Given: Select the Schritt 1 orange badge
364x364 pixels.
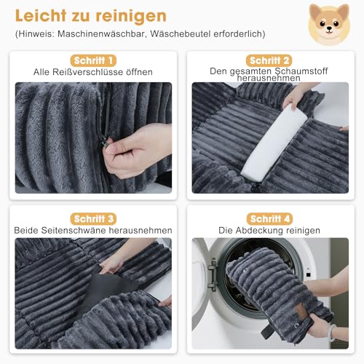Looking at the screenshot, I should pyautogui.click(x=92, y=60).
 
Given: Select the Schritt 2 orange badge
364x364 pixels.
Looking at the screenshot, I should pyautogui.click(x=269, y=60).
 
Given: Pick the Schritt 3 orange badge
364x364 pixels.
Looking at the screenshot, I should pyautogui.click(x=92, y=218).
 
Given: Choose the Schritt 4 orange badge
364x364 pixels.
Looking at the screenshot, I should pyautogui.click(x=269, y=218).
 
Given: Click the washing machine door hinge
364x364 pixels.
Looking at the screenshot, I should pyautogui.click(x=212, y=274).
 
